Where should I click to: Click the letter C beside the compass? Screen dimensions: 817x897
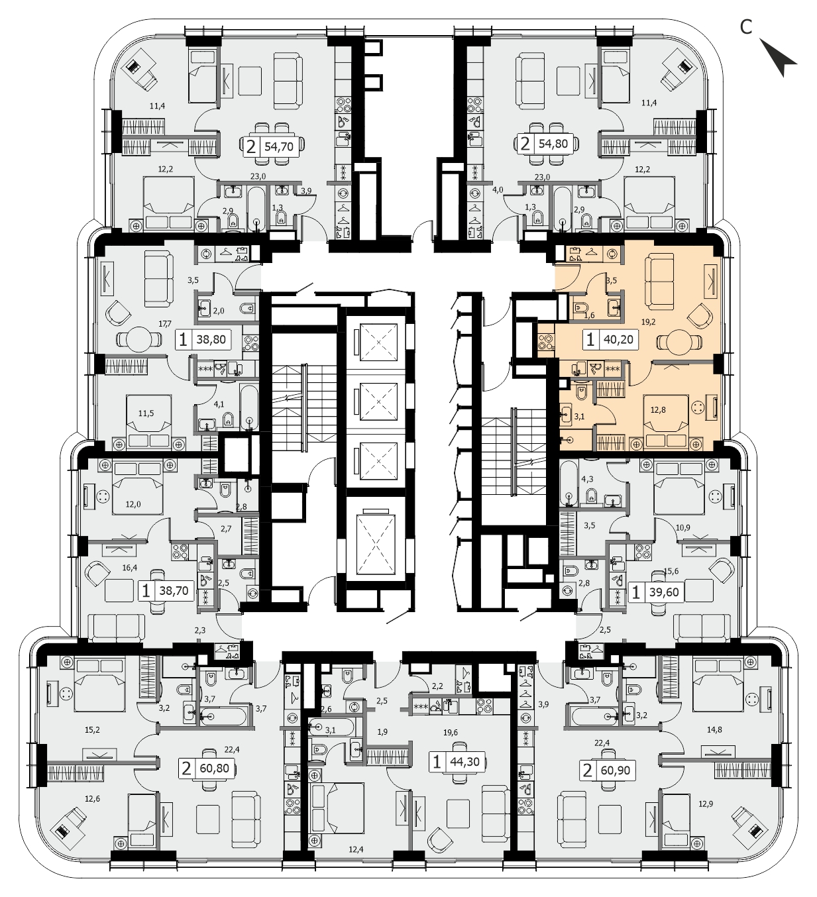click(745, 27)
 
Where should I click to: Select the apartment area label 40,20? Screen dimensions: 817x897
click(618, 340)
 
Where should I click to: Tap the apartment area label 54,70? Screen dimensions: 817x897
click(279, 146)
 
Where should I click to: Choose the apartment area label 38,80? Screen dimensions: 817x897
click(211, 340)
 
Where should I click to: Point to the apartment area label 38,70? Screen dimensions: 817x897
click(174, 591)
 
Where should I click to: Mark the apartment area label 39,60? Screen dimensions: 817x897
click(665, 592)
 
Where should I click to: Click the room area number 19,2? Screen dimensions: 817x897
click(648, 321)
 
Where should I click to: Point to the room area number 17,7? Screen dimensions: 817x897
click(165, 323)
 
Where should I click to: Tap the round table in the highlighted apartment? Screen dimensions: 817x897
click(679, 343)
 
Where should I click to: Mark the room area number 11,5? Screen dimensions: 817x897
click(146, 413)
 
